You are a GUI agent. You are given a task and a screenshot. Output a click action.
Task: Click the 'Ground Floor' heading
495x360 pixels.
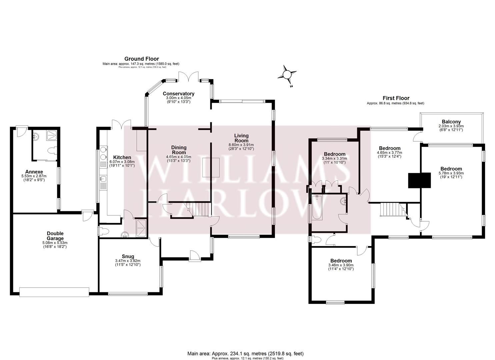coord(142,59)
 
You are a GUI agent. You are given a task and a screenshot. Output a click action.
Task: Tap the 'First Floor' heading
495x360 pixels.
coord(396,98)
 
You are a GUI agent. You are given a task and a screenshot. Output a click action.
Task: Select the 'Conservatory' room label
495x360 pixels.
coord(178,94)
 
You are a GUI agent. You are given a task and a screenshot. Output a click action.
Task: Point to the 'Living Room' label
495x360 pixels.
coord(241,138)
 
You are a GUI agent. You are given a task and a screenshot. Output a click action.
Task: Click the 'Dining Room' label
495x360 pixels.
coord(179,150)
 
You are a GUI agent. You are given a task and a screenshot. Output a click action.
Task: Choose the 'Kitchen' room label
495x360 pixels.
coord(122,157)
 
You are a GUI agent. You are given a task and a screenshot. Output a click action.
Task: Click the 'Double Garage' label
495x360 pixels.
coord(55,236)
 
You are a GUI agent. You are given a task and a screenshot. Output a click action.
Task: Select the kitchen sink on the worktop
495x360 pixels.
coord(103,179)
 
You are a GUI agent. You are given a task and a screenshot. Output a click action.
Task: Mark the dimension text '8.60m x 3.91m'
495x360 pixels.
coord(241,145)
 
